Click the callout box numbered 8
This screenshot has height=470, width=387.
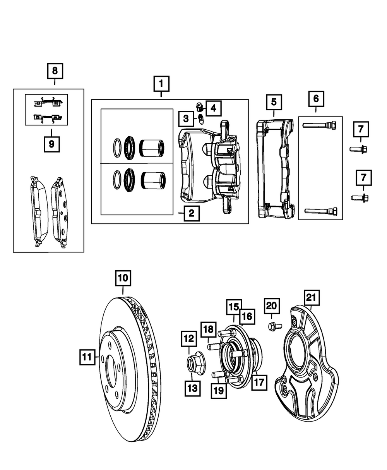point(55,71)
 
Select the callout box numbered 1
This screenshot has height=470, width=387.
point(161,84)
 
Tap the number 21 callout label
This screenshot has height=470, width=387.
point(312,298)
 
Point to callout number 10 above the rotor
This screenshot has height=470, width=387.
point(123,278)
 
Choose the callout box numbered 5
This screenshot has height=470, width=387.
point(274,102)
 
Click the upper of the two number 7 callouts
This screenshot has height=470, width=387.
point(361,129)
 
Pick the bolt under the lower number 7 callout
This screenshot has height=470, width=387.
point(360,198)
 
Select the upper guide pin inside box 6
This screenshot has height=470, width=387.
point(320,125)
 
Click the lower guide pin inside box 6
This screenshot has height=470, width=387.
point(321,211)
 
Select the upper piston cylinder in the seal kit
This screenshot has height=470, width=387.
point(152,148)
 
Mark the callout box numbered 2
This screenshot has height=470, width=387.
point(192,213)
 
